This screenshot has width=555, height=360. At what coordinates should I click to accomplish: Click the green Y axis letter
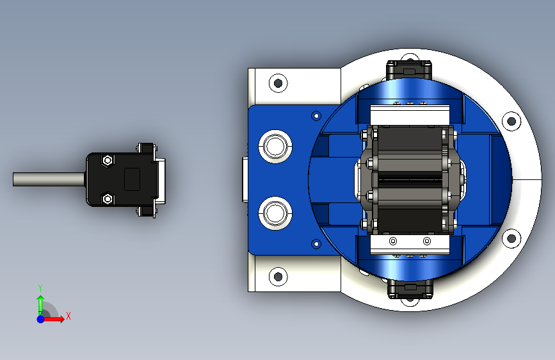pyautogui.click(x=40, y=288)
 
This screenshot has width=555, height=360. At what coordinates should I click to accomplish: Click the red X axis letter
pyautogui.click(x=68, y=316)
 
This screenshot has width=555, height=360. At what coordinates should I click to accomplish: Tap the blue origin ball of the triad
pyautogui.click(x=41, y=319)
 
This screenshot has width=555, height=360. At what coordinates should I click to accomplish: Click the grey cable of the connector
pyautogui.click(x=49, y=179)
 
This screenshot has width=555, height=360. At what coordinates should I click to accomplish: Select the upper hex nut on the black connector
pyautogui.click(x=108, y=161)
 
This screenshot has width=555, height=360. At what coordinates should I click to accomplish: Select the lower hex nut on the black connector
pyautogui.click(x=108, y=199)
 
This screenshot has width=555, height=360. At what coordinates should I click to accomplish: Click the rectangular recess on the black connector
pyautogui.click(x=132, y=179)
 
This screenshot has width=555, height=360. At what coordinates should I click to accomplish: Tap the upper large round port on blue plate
pyautogui.click(x=275, y=147)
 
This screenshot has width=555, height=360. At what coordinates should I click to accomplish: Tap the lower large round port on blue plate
pyautogui.click(x=275, y=213)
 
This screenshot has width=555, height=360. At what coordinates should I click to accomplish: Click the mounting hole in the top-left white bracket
pyautogui.click(x=278, y=83)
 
